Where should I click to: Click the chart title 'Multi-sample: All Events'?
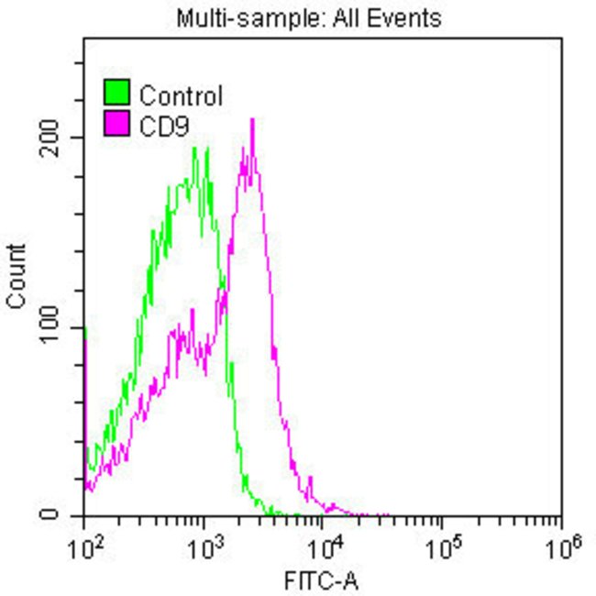(x=308, y=17)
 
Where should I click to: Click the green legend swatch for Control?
(x=116, y=94)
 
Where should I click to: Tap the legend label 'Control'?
(x=181, y=94)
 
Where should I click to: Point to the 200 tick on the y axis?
(x=59, y=138)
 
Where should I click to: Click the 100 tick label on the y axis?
(x=59, y=327)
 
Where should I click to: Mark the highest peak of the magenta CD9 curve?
(x=251, y=120)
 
